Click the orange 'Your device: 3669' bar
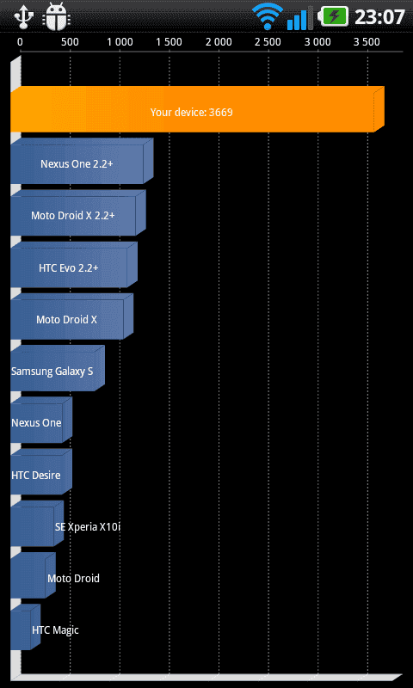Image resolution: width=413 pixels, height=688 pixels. pos(197,109)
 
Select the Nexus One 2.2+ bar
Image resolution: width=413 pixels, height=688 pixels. pos(82,161)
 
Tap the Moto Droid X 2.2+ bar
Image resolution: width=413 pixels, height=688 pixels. pos(78,212)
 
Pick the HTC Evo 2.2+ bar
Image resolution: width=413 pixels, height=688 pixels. pos(74,265)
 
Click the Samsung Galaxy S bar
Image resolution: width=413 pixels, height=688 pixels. pos(58,368)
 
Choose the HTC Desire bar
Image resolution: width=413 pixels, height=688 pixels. pos(41,471)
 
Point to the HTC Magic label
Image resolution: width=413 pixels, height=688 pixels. pos(55,630)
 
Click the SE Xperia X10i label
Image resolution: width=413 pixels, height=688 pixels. pos(88,527)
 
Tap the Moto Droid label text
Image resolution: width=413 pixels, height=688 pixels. pos(73,578)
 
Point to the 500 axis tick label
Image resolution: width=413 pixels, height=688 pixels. pos(70,42)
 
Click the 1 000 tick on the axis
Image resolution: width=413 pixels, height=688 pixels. pos(120,42)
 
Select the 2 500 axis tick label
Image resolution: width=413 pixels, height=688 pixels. pos(268,42)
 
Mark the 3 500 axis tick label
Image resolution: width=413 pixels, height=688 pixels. pos(367,42)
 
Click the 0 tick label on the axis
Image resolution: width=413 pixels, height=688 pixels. pos(20,42)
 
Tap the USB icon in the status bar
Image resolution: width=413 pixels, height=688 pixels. pos(24,15)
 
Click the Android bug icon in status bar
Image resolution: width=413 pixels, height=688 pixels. pos(56,16)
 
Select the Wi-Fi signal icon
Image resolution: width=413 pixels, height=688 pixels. pos(268,16)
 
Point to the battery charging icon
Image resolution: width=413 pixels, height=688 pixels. pos(334,16)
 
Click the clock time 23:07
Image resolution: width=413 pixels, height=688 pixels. pos(379,17)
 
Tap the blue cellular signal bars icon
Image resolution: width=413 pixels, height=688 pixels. pos(300,18)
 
